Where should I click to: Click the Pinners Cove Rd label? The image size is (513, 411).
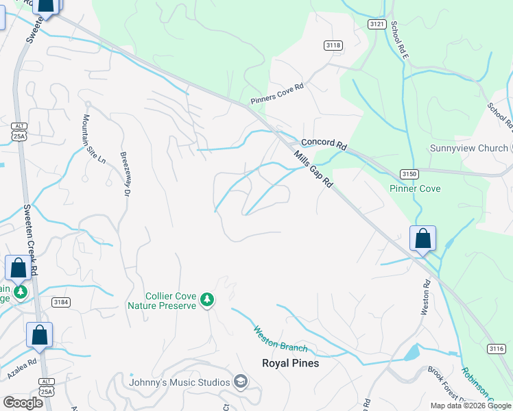coord(276,97)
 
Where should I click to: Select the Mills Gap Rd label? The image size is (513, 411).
coord(314,171)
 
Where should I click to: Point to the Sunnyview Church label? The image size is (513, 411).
coord(468,149)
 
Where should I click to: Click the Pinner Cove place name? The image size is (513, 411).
coord(415,188)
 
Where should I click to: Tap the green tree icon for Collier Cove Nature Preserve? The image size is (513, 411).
coord(206,299)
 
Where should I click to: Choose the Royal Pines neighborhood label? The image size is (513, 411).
coord(290,363)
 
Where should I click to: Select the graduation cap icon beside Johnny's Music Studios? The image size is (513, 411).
coord(240,382)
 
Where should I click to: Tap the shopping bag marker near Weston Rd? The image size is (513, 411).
coord(422,239)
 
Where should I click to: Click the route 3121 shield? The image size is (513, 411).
coord(377,24)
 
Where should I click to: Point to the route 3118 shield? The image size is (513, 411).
coord(333,45)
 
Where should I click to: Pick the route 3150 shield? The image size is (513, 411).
coord(409,174)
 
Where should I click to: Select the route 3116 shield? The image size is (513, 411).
coord(497,349)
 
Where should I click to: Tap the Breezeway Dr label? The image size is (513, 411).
coord(126,175)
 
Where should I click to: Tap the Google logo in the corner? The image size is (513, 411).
coord(23,402)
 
